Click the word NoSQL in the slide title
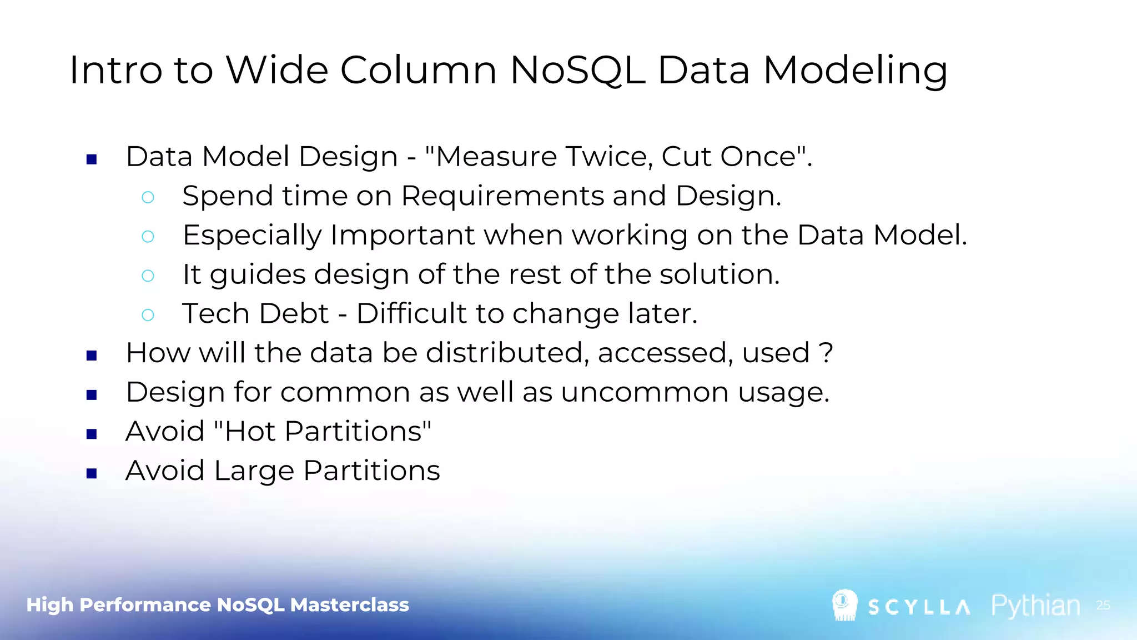click(577, 71)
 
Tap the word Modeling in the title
click(855, 71)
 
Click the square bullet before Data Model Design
click(92, 160)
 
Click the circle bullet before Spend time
click(148, 197)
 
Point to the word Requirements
click(502, 196)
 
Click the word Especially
click(252, 236)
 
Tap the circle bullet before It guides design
click(148, 276)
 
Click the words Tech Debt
click(255, 314)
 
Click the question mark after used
click(826, 353)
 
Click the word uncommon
click(644, 393)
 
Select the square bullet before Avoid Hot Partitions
click(92, 434)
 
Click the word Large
click(254, 471)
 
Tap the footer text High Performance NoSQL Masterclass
click(218, 605)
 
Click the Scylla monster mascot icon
click(844, 605)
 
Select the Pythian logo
click(1036, 606)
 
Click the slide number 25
click(1103, 605)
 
